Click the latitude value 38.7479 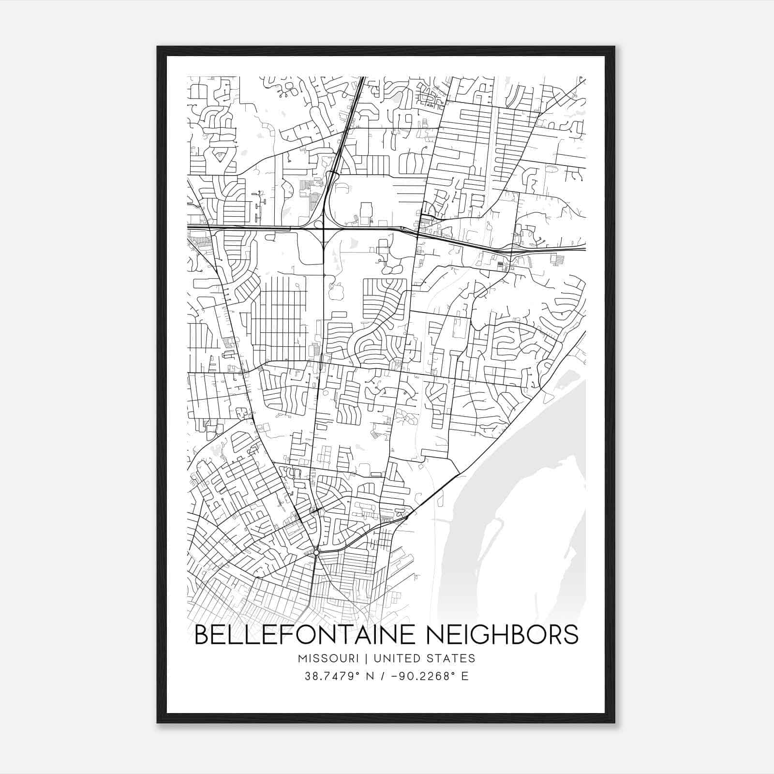(326, 676)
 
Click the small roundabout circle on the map (316, 552)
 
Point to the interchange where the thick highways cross (323, 227)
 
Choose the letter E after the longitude (465, 676)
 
